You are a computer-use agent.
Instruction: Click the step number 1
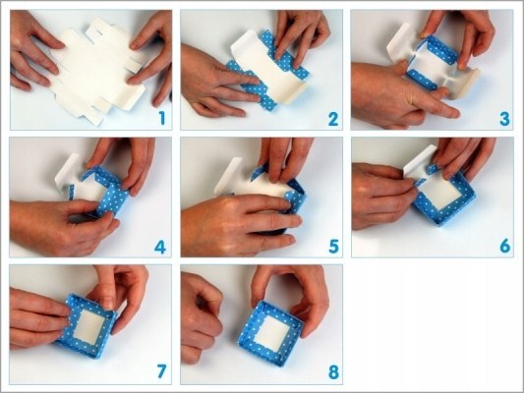(x=162, y=119)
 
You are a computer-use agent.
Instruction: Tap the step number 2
(x=333, y=119)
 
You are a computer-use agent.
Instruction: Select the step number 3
(x=504, y=119)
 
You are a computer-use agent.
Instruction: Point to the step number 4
(x=160, y=247)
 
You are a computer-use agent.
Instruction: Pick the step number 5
(x=333, y=247)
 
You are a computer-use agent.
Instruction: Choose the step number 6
(x=505, y=247)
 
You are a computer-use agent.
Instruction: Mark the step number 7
(x=161, y=371)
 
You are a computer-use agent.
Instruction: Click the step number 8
(x=333, y=372)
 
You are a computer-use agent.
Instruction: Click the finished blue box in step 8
(x=270, y=333)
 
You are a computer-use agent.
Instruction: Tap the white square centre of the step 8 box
(x=271, y=332)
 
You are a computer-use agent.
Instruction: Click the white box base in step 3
(x=431, y=69)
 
